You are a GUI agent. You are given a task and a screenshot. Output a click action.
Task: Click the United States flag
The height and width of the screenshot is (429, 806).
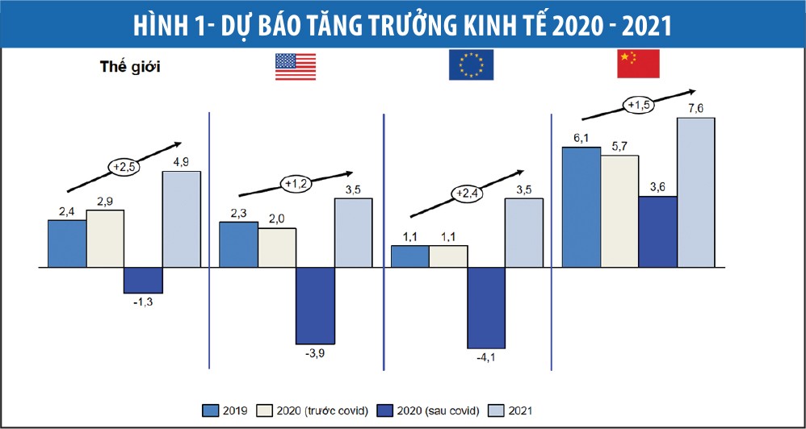(x=296, y=66)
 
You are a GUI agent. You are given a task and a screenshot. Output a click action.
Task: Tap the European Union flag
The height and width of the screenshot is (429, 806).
(x=471, y=65)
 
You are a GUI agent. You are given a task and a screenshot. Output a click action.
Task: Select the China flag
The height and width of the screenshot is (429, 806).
(x=638, y=64)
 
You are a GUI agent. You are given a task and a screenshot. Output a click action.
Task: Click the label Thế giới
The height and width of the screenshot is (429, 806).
(x=130, y=66)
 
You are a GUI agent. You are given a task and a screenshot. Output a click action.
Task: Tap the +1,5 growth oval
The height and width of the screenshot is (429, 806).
(x=638, y=104)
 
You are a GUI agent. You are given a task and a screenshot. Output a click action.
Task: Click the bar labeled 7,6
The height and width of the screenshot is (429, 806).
(x=696, y=192)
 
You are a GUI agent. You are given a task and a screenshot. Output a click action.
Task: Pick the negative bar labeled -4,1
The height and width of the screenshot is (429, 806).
(x=486, y=307)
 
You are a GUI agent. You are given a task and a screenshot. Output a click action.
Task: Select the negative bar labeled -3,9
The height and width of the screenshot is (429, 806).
(x=315, y=305)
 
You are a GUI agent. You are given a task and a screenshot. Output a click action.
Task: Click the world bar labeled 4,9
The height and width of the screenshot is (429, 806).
(x=182, y=219)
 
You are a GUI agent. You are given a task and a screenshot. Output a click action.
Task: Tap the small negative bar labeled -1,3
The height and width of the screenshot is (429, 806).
(x=143, y=280)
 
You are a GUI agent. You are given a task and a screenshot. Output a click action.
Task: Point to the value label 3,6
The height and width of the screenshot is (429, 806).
(x=657, y=187)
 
